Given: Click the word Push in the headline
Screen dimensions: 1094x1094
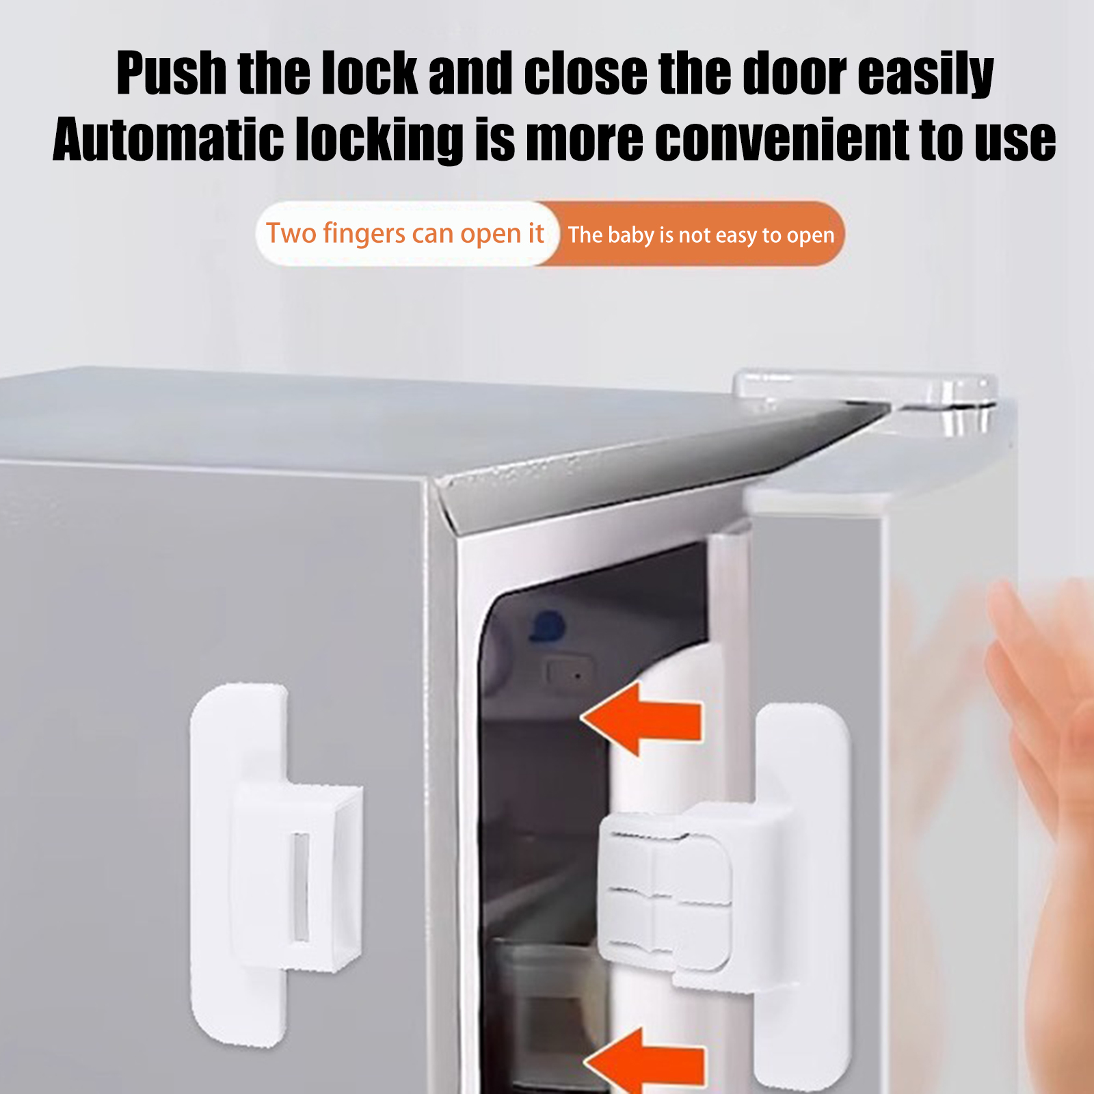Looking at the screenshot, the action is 172,73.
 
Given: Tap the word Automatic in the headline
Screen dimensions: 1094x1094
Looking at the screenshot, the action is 168,140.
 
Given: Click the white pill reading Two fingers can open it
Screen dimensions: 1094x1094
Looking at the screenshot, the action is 406,234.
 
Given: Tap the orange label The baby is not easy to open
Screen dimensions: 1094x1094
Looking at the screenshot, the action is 701,235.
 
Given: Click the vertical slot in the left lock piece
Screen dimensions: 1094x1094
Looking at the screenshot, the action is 300,886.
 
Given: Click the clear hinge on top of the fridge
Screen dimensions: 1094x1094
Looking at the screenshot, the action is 866,400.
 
